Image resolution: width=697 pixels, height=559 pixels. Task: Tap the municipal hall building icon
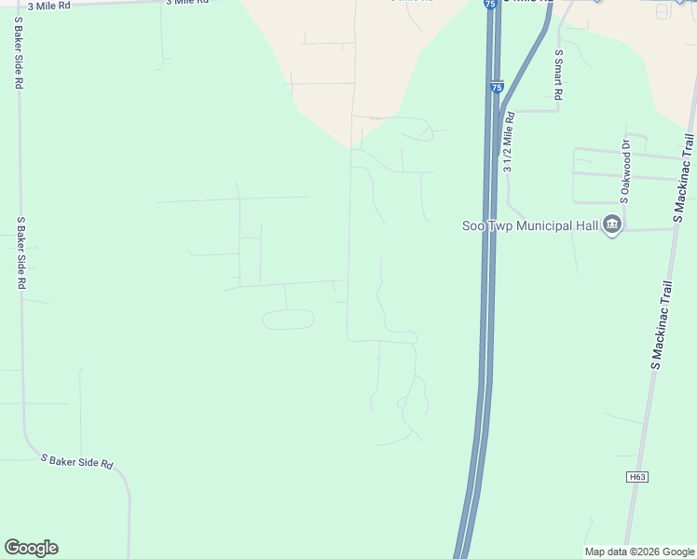tap(612, 225)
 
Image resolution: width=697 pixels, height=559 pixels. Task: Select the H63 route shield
tap(636, 477)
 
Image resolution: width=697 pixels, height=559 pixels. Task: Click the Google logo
tap(31, 548)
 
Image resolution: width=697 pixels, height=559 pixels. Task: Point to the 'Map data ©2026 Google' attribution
tap(638, 552)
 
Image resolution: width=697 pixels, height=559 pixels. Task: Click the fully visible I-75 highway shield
tap(497, 87)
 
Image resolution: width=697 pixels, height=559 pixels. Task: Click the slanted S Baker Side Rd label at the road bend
tap(76, 460)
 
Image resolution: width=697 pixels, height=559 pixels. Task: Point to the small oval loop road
tap(289, 320)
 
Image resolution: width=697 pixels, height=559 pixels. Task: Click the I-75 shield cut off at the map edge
tap(490, 4)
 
